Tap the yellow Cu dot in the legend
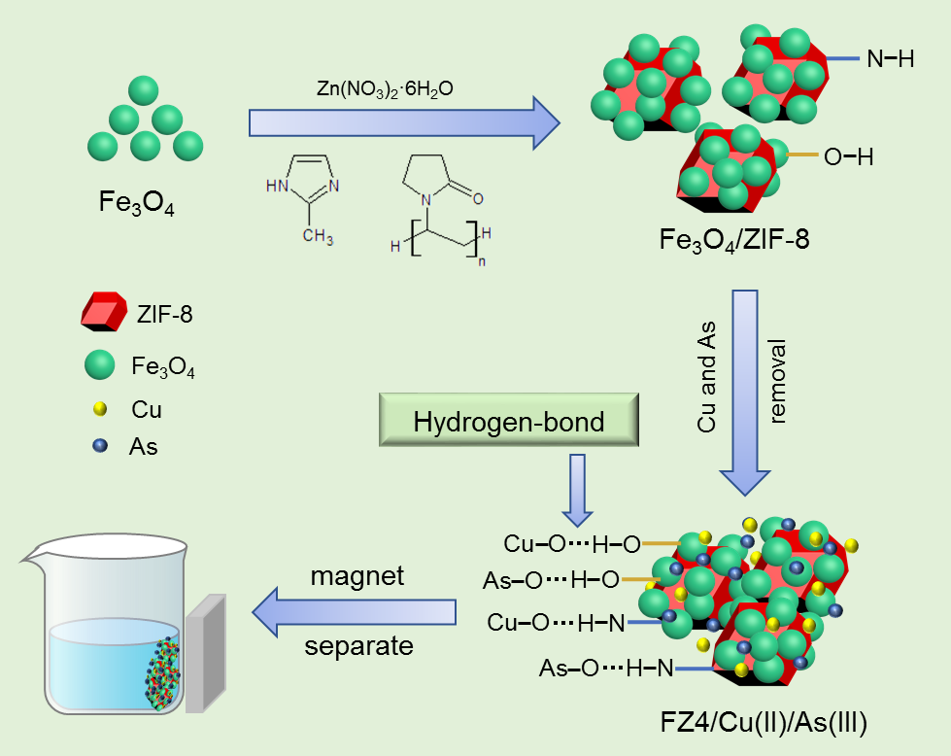[99, 408]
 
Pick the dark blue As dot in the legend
[99, 446]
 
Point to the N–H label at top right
[890, 59]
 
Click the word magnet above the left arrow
[357, 575]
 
